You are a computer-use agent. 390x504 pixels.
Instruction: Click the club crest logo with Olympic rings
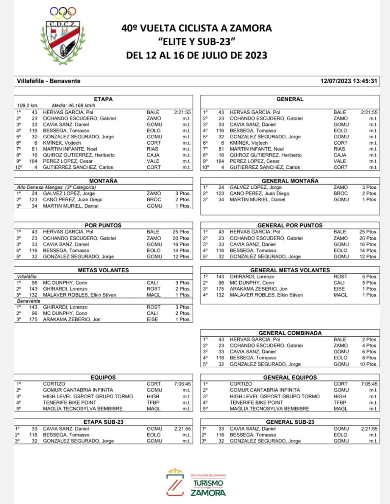coord(62,35)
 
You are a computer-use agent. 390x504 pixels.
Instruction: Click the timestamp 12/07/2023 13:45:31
coord(348,81)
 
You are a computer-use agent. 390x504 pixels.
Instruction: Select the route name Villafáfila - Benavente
coord(49,81)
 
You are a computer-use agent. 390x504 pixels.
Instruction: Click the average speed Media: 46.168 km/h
coord(74,105)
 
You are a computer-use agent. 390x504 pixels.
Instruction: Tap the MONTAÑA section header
coord(103,181)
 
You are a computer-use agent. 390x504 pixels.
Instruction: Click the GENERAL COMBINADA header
coord(290,333)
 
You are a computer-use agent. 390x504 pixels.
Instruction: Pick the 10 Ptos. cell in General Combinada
coord(368,364)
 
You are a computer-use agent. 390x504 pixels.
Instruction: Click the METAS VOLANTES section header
coord(103,270)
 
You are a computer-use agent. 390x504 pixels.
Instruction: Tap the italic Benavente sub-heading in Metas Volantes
coord(28,301)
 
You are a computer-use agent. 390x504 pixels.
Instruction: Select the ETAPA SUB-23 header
coord(103,422)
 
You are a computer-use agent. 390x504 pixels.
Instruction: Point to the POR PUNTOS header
coord(103,225)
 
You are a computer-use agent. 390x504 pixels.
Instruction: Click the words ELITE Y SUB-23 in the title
coord(196,41)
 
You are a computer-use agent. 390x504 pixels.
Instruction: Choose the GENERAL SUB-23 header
coord(290,422)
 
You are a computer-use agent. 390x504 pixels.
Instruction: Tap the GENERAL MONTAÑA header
coord(290,181)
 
